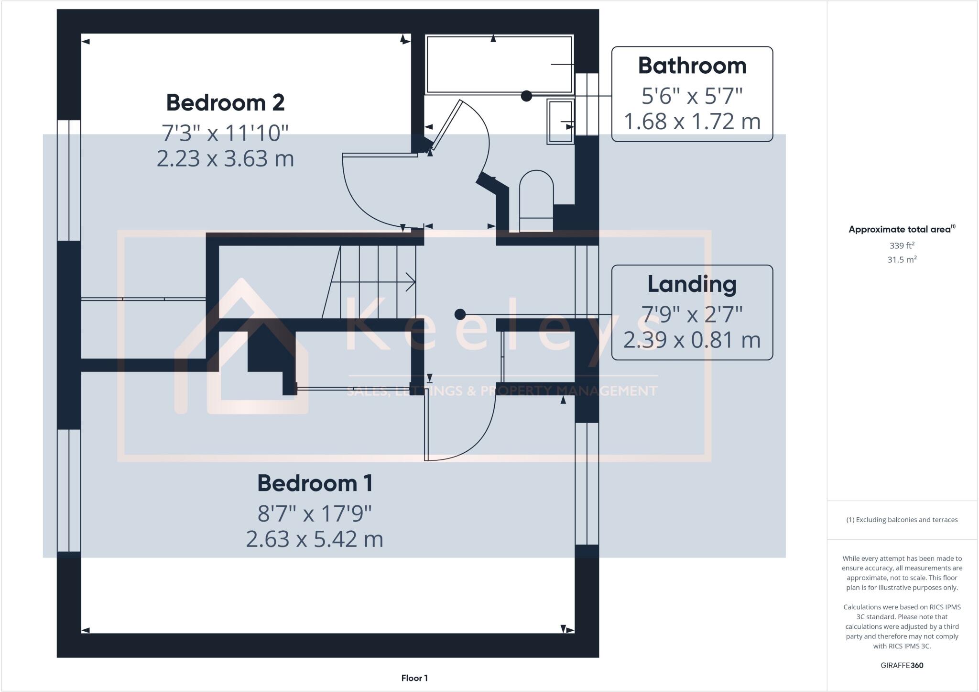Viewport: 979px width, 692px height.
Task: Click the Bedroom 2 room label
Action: (225, 102)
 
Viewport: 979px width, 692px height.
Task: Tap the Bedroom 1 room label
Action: (315, 483)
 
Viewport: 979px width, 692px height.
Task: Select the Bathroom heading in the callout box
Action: (692, 66)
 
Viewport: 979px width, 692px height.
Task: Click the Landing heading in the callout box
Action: (692, 284)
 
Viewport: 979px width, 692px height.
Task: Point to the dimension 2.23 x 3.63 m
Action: (225, 158)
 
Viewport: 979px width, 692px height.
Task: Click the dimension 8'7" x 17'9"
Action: (315, 514)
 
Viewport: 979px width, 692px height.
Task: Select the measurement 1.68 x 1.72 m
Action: (692, 122)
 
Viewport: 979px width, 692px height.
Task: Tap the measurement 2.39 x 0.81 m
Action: (692, 340)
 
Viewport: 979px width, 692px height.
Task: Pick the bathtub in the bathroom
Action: (499, 64)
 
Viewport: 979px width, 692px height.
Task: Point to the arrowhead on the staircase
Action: (410, 282)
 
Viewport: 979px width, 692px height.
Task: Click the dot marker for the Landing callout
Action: (460, 314)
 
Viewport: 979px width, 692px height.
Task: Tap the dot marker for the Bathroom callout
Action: (526, 96)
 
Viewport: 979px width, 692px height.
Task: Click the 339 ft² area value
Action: (902, 246)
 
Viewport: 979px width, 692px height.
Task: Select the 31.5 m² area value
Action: (902, 259)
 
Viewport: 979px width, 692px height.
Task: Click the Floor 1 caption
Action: (414, 678)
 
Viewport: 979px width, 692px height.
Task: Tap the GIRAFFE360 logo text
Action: (902, 665)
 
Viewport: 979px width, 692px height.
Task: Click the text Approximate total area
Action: (899, 229)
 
